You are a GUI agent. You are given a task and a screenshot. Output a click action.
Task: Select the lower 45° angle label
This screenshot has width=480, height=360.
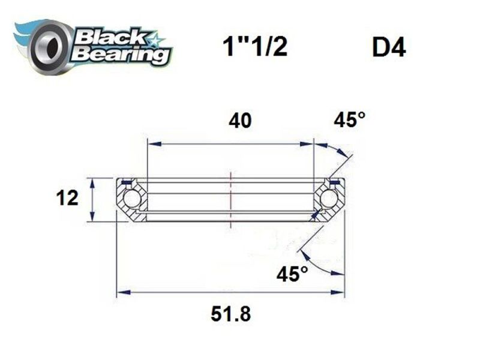tap(292, 274)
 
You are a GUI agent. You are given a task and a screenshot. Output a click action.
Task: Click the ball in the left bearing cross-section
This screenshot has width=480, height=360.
tap(130, 199)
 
